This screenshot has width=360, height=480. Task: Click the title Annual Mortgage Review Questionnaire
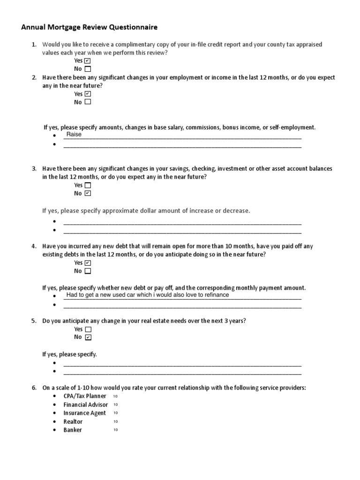pos(89,27)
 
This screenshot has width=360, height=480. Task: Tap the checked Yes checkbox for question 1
pos(88,61)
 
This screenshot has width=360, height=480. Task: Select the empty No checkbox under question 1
pos(88,69)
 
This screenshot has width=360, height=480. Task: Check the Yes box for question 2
pos(88,94)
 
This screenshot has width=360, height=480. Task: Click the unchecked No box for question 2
pos(88,102)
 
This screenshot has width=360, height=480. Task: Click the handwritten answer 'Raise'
pos(74,135)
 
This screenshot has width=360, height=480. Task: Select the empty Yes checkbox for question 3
pos(88,185)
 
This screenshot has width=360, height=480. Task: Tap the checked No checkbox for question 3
pos(88,193)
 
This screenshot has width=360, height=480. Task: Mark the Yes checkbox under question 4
pos(88,263)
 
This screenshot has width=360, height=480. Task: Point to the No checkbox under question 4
pos(88,271)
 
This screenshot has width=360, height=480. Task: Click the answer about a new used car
pos(148,295)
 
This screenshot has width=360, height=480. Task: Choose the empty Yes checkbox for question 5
pos(88,329)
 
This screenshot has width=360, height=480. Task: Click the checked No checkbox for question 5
pos(88,337)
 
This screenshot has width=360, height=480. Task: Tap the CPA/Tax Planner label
pos(85,396)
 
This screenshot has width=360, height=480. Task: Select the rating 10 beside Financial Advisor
pos(115,405)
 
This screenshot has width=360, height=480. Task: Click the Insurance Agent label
pos(84,413)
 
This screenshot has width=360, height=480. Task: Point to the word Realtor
pos(73,421)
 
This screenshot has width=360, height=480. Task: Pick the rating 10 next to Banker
pos(115,430)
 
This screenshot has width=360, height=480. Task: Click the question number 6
pos(34,388)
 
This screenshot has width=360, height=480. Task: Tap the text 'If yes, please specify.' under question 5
pos(69,354)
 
